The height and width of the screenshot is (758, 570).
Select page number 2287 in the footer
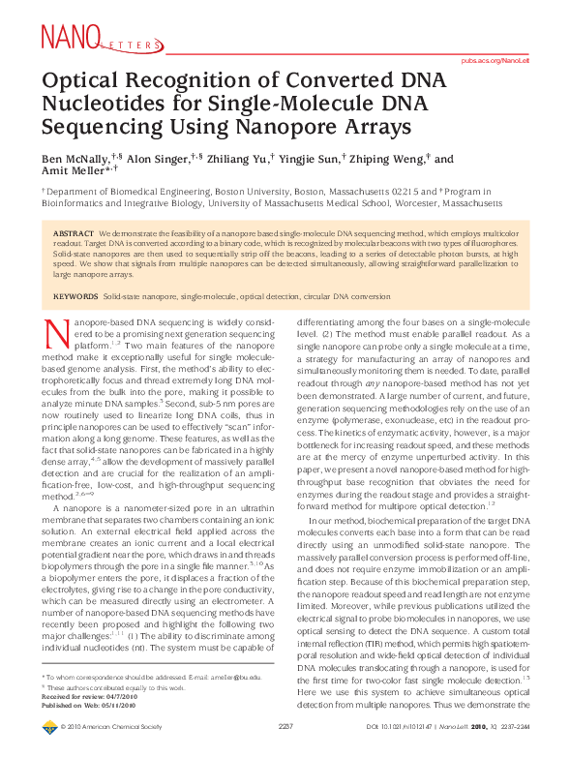pyautogui.click(x=285, y=750)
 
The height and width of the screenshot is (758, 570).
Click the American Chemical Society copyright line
pyautogui.click(x=106, y=750)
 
